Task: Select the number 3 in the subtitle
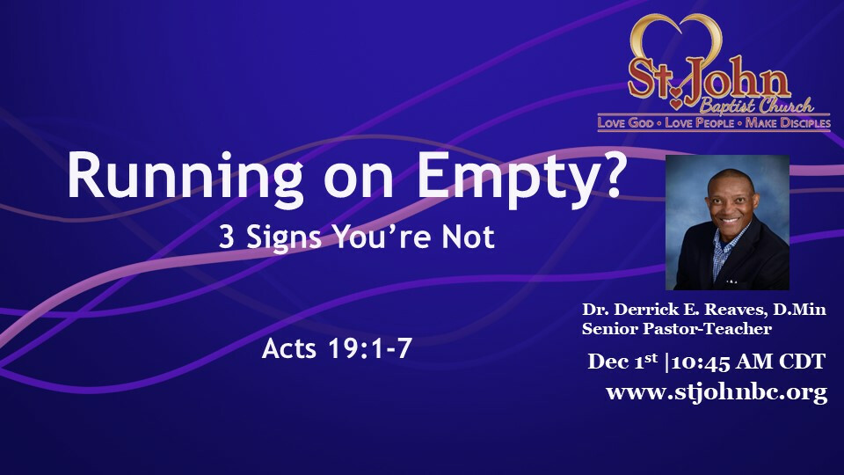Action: click(227, 237)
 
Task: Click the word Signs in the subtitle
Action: click(284, 238)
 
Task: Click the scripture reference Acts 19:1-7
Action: click(337, 348)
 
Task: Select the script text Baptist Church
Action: click(757, 106)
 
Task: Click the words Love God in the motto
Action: click(625, 123)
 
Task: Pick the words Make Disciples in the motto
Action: click(788, 123)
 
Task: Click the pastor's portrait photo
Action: click(727, 223)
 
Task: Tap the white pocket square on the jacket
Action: click(731, 281)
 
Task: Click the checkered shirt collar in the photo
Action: click(731, 243)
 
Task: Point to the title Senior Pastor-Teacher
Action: click(677, 328)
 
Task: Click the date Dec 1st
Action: click(622, 361)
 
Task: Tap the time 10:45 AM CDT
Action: click(749, 362)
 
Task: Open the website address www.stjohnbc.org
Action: click(717, 392)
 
